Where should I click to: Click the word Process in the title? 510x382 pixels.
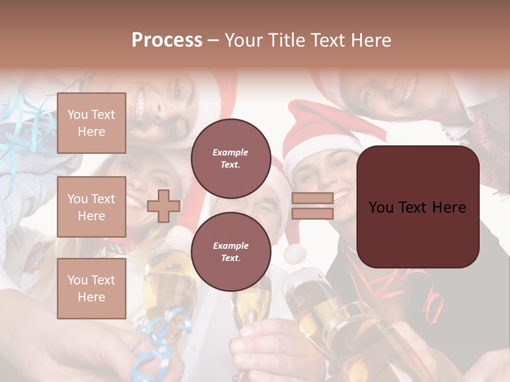tap(167, 40)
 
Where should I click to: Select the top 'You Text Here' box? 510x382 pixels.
tap(91, 123)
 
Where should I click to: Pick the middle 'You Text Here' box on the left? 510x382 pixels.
tap(91, 207)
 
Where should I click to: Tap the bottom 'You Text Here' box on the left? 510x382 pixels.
tap(91, 288)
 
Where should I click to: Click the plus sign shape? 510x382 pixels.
tap(164, 206)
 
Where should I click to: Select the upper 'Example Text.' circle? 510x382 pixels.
tap(231, 159)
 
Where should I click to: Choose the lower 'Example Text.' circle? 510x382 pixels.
tap(231, 252)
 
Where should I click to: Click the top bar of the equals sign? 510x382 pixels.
tap(312, 198)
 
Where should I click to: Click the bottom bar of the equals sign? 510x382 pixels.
tap(312, 213)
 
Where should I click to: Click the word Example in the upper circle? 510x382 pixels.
tap(231, 153)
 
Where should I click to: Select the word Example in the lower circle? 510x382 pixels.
tap(231, 246)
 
